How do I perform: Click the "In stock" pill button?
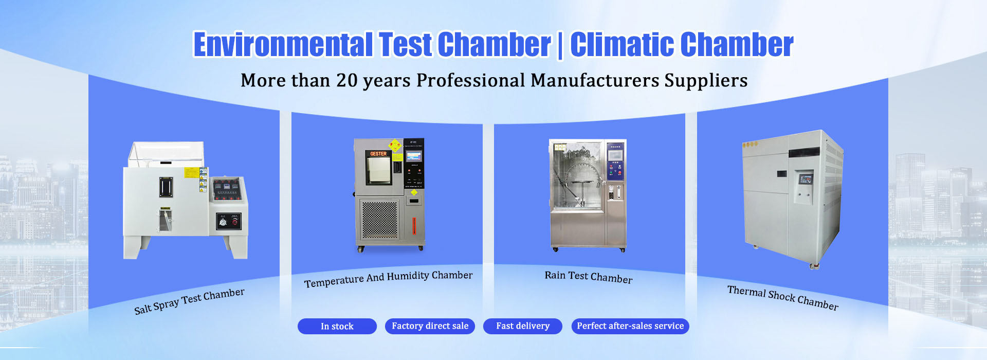pyautogui.click(x=337, y=326)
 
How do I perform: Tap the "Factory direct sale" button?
pyautogui.click(x=430, y=326)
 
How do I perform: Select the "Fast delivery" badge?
pyautogui.click(x=522, y=326)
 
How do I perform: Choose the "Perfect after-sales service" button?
pyautogui.click(x=630, y=326)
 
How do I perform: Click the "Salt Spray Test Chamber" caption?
pyautogui.click(x=189, y=301)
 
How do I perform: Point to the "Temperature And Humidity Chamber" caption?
pyautogui.click(x=388, y=279)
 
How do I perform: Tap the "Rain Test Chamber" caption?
pyautogui.click(x=588, y=277)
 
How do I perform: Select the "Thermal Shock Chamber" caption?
pyautogui.click(x=782, y=298)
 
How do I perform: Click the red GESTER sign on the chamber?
pyautogui.click(x=378, y=154)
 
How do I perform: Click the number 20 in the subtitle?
pyautogui.click(x=346, y=81)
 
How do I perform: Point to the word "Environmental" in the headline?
pyautogui.click(x=283, y=45)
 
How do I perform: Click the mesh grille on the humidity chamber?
pyautogui.click(x=380, y=220)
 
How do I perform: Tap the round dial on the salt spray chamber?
pyautogui.click(x=223, y=222)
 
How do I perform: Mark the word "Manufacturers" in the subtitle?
pyautogui.click(x=595, y=81)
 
